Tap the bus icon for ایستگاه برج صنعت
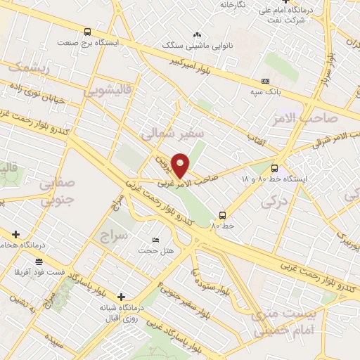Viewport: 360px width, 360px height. click(x=87, y=32)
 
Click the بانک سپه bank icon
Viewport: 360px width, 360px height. click(x=264, y=82)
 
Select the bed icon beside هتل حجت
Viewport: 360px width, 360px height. click(x=155, y=239)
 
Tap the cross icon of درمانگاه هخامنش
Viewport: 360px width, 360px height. click(x=15, y=233)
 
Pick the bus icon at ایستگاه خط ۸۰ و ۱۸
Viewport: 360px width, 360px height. click(x=274, y=168)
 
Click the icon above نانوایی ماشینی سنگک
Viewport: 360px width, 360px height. click(x=197, y=33)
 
